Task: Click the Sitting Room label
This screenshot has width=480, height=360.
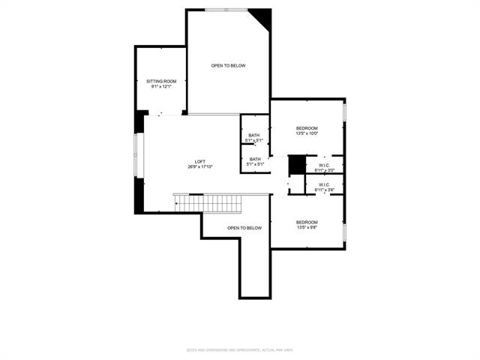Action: [x=161, y=81]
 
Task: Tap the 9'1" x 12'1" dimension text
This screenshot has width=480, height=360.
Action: [x=161, y=87]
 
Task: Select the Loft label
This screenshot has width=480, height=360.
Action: [x=200, y=161]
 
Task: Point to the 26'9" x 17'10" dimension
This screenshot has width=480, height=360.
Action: [x=200, y=167]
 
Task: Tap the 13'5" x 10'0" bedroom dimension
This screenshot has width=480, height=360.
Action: [x=307, y=133]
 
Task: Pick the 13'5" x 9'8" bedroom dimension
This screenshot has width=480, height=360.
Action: [x=307, y=228]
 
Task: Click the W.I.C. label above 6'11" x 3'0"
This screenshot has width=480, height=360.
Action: [x=324, y=165]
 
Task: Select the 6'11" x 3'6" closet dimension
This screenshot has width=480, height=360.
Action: [x=324, y=190]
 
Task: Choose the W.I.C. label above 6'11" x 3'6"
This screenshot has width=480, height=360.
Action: [x=324, y=184]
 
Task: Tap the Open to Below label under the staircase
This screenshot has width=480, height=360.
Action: [x=244, y=228]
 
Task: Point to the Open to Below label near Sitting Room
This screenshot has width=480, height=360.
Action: [x=228, y=66]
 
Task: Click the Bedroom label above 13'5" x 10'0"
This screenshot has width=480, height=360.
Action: [x=307, y=127]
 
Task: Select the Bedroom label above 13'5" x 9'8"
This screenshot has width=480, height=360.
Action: [x=307, y=222]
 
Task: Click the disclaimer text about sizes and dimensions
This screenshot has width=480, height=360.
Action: [x=240, y=349]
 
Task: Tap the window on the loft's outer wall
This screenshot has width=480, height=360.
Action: [x=136, y=156]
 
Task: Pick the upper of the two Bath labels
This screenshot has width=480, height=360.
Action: [x=255, y=135]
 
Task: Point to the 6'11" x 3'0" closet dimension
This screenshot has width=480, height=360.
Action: [x=324, y=171]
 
